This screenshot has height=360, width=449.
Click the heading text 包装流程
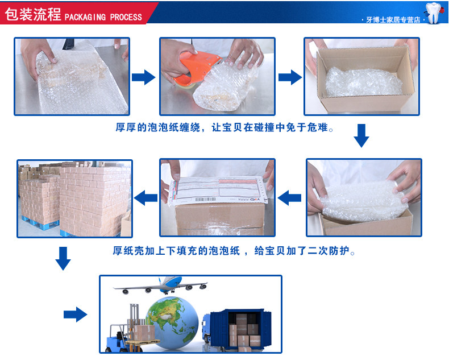pyautogui.click(x=32, y=14)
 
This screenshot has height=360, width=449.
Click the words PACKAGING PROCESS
pyautogui.click(x=103, y=16)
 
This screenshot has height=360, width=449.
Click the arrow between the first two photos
pyautogui.click(x=143, y=77)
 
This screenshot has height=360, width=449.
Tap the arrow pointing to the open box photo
pyautogui.click(x=289, y=77)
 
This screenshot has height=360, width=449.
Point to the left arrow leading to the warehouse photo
pyautogui.click(x=145, y=198)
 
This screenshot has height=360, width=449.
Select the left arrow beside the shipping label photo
pyautogui.click(x=290, y=198)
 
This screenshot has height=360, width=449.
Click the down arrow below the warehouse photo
pyautogui.click(x=63, y=259)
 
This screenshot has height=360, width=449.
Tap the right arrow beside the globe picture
pyautogui.click(x=75, y=314)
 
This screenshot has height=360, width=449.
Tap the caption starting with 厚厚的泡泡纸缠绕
pyautogui.click(x=224, y=128)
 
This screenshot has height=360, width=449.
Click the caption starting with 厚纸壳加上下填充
pyautogui.click(x=234, y=251)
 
